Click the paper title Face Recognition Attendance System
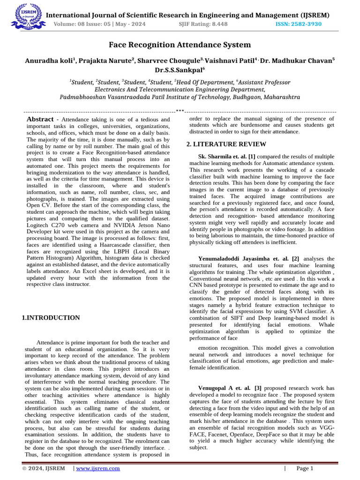coord(180,45)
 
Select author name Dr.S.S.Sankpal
coord(180,70)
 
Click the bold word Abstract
coord(40,120)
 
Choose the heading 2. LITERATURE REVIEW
coord(226,144)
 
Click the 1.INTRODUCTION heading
coord(51,318)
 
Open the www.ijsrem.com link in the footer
coord(98,468)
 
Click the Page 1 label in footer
coord(305,468)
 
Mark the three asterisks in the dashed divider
coord(180,111)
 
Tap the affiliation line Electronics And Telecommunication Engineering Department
coord(180,90)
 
